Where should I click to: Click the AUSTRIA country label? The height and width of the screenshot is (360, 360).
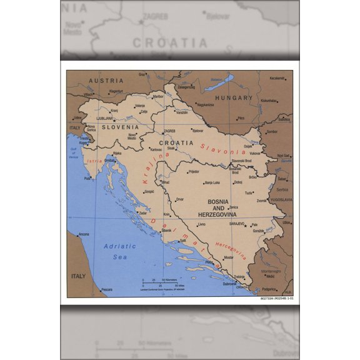pyautogui.click(x=102, y=81)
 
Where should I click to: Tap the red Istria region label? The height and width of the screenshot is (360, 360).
pyautogui.click(x=93, y=161)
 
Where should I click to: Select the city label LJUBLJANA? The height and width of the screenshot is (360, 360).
pyautogui.click(x=104, y=117)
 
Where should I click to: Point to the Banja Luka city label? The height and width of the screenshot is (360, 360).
pyautogui.click(x=212, y=182)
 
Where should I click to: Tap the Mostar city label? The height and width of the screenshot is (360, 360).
pyautogui.click(x=229, y=257)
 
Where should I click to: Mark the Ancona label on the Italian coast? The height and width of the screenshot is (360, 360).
pyautogui.click(x=83, y=234)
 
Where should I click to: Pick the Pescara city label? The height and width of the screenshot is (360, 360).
pyautogui.click(x=107, y=290)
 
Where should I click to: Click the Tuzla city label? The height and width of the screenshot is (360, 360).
pyautogui.click(x=249, y=193)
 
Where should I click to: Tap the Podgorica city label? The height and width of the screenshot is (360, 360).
pyautogui.click(x=270, y=289)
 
